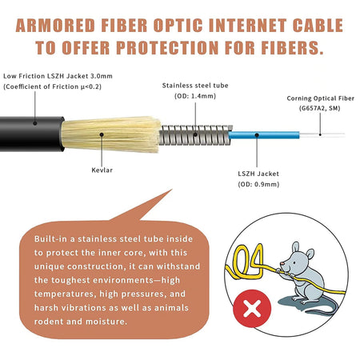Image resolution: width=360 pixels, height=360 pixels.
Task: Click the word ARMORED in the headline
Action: coord(55,26)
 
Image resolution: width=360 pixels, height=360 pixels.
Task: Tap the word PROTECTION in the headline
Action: coord(168,48)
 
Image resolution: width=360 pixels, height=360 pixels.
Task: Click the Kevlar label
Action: coord(102,170)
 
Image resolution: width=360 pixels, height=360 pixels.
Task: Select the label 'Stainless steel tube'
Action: coord(195,86)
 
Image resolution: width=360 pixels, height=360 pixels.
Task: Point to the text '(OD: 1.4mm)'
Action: coord(195,96)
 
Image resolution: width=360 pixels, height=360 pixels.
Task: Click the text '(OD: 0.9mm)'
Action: coord(258,184)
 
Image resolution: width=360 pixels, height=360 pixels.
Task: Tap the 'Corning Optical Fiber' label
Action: coord(321,98)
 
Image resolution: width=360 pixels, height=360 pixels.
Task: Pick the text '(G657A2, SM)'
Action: coord(320,108)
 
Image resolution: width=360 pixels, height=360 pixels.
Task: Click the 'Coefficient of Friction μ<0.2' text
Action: coord(52,86)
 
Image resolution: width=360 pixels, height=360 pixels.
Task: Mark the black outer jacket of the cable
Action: coord(31,134)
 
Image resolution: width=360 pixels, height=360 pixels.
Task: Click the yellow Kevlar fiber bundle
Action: coord(110,134)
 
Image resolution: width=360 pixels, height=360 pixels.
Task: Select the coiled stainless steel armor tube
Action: coord(195,135)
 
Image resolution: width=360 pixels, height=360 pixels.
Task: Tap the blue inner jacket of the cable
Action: coord(264,135)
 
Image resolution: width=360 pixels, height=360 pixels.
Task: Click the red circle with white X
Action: coord(252,309)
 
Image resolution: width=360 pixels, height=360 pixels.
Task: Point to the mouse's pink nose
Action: coord(282,264)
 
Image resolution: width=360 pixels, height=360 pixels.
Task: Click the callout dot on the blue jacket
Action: coord(257,135)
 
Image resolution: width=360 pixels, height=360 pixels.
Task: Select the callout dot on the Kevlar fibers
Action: coord(102,134)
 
